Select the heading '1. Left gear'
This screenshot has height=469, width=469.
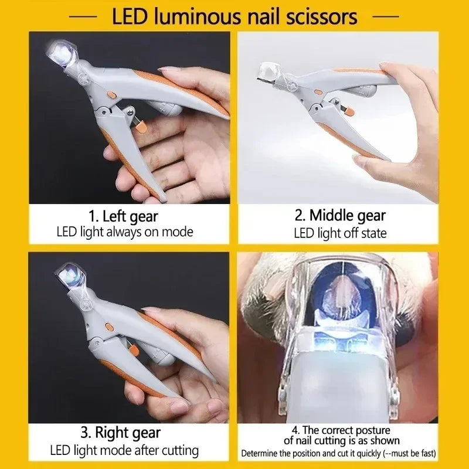(x=124, y=216)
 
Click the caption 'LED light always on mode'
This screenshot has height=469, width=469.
(x=124, y=232)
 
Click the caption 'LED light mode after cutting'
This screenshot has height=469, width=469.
(x=124, y=451)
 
